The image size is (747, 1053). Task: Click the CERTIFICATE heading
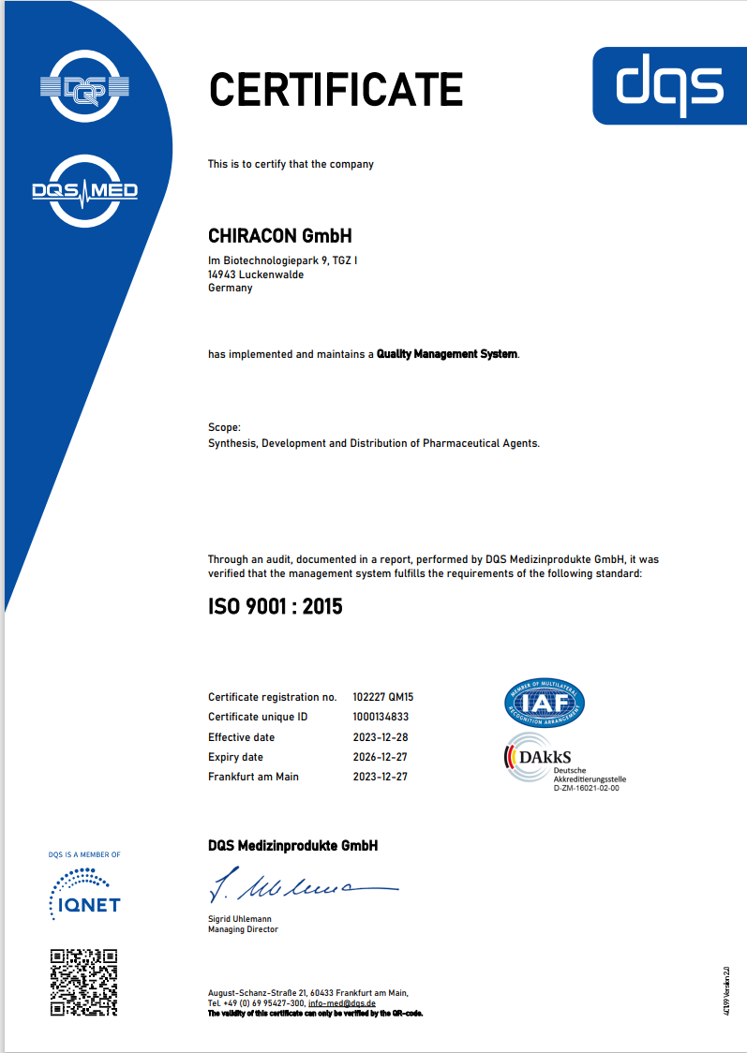click(x=335, y=89)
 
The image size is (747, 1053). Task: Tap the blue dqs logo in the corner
click(x=669, y=85)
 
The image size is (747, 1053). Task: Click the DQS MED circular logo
click(x=84, y=191)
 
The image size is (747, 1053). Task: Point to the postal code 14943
click(x=222, y=274)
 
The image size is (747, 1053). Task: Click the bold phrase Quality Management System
click(x=447, y=354)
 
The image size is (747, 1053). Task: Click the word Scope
click(x=224, y=427)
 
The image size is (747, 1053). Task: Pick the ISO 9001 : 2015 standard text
click(x=275, y=607)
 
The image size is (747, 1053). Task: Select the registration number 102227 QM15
click(x=383, y=697)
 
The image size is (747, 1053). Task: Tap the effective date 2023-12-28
click(x=380, y=737)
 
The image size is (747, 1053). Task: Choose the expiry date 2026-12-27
click(x=380, y=757)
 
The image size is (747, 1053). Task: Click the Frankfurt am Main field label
click(x=254, y=777)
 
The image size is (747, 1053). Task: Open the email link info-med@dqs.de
click(x=342, y=1002)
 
